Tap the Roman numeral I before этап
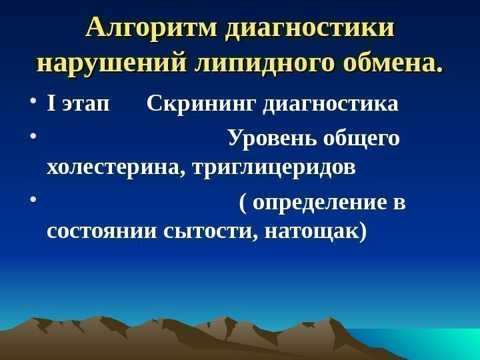(x=51, y=105)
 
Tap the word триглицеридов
(x=273, y=167)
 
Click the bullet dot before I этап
(x=33, y=105)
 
